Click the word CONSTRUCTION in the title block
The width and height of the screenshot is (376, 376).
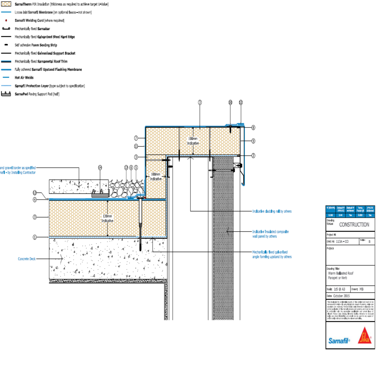(354, 225)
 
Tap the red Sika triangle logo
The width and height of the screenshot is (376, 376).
(364, 337)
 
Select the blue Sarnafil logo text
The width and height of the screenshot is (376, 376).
(339, 341)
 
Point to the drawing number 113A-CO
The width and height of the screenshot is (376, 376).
(342, 242)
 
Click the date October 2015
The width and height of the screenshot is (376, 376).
(341, 296)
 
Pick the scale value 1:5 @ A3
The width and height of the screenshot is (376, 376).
(339, 289)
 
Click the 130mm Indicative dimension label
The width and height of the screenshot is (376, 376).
(107, 218)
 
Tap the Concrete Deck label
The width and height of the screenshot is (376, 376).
(27, 259)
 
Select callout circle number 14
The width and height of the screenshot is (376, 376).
(100, 168)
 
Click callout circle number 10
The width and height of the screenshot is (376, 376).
(230, 102)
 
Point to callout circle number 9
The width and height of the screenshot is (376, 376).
(253, 141)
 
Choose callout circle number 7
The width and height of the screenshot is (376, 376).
(136, 138)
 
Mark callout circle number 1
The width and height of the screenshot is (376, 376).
(35, 237)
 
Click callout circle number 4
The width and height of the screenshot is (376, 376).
(35, 200)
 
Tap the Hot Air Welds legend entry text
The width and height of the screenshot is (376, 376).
(24, 78)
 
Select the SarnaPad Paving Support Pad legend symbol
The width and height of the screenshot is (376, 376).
(6, 94)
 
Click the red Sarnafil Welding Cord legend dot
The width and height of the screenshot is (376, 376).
(6, 20)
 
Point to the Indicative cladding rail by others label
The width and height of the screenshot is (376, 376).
(272, 211)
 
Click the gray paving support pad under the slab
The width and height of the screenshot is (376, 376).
(100, 195)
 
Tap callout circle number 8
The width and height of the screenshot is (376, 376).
(253, 128)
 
